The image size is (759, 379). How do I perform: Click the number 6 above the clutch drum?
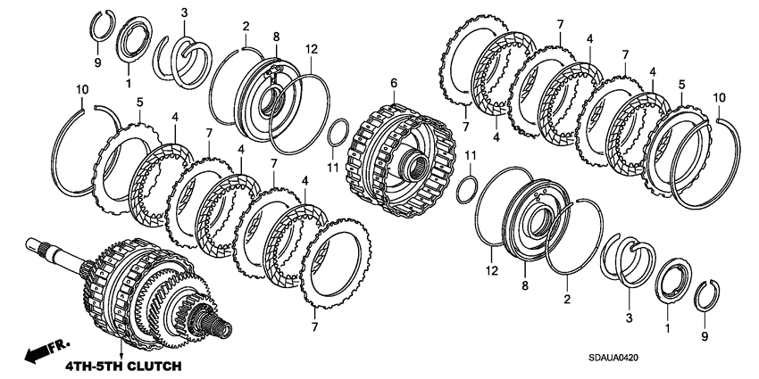[x=394, y=83]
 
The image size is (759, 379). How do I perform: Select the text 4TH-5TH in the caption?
[x=91, y=366]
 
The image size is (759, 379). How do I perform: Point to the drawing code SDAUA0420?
[x=613, y=358]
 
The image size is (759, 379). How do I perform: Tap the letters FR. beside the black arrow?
[x=60, y=346]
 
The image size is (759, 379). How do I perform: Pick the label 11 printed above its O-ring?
[x=471, y=155]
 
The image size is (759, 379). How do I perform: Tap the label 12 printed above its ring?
[x=311, y=48]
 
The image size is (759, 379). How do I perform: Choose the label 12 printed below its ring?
[x=492, y=271]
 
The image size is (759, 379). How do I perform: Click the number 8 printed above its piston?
[x=276, y=37]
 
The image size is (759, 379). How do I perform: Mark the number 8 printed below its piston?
[x=525, y=286]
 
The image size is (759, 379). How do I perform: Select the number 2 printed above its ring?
[x=246, y=27]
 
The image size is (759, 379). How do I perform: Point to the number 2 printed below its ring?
[x=567, y=301]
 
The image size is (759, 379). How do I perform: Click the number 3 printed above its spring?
[x=185, y=13]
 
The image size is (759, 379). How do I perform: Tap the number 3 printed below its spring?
[x=630, y=317]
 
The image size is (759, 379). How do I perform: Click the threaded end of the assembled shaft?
[x=222, y=328]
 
